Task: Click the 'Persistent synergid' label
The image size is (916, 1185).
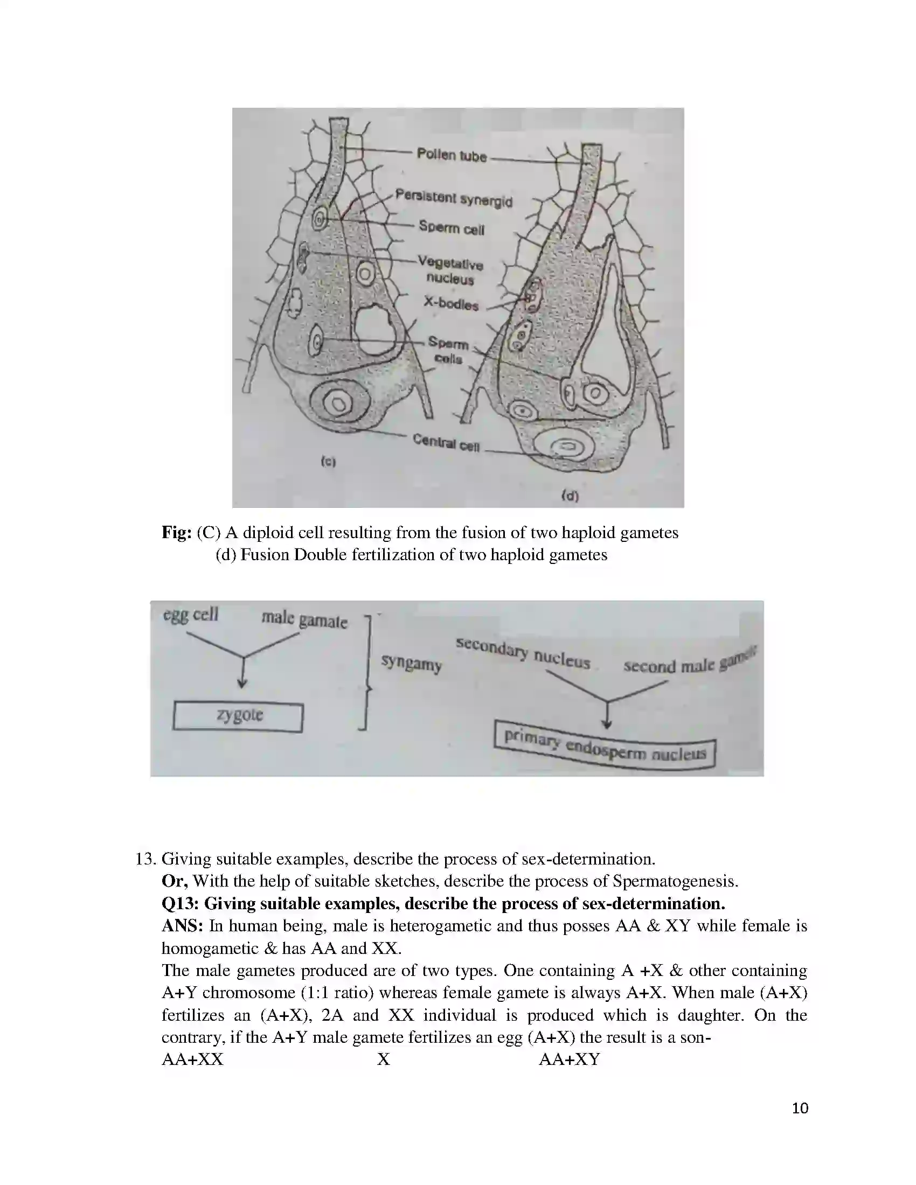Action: tap(453, 198)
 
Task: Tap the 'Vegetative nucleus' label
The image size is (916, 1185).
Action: tap(450, 271)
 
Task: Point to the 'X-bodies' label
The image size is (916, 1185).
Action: tap(451, 304)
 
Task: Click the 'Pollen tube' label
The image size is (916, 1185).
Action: tap(452, 155)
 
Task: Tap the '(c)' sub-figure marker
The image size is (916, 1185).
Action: tap(328, 462)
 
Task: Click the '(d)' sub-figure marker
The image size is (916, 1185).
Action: tap(570, 496)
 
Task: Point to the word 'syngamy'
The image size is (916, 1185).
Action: tap(411, 663)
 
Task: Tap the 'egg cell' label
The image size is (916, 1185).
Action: tap(191, 615)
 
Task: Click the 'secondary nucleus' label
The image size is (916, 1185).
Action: tap(523, 653)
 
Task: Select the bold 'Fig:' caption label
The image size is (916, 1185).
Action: tap(176, 533)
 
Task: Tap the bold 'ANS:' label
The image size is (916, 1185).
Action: tap(182, 925)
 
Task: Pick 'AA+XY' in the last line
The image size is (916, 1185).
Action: tap(569, 1059)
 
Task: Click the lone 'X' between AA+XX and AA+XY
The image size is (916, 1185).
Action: tap(384, 1059)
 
